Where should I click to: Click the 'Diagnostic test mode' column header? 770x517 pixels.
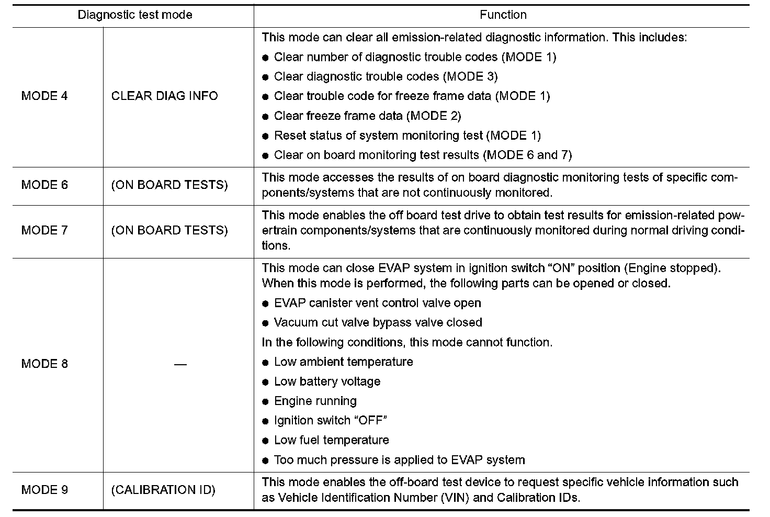point(135,15)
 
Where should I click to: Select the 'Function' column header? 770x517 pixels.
point(503,15)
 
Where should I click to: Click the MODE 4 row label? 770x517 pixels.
point(44,96)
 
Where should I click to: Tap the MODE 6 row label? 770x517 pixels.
point(44,185)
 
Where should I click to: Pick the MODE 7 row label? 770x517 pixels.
point(44,230)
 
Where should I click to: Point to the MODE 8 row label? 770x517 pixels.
point(44,364)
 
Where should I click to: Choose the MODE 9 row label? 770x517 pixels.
point(44,490)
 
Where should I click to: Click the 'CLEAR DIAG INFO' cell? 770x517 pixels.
point(164,96)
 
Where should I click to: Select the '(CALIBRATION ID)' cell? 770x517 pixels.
point(163,490)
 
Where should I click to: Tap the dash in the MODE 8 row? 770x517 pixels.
point(180,364)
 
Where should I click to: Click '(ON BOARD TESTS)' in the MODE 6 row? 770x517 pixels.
point(169,185)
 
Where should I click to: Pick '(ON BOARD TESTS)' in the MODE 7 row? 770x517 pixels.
point(169,230)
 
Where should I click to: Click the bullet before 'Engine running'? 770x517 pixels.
point(265,402)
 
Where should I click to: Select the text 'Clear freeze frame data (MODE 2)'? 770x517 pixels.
point(367,116)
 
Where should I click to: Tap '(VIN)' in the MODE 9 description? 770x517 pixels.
point(455,498)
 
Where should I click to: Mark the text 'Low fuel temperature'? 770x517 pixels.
point(331,441)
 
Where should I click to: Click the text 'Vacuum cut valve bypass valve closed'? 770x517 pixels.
point(378,323)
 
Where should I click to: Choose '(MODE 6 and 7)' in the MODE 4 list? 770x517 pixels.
point(527,155)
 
